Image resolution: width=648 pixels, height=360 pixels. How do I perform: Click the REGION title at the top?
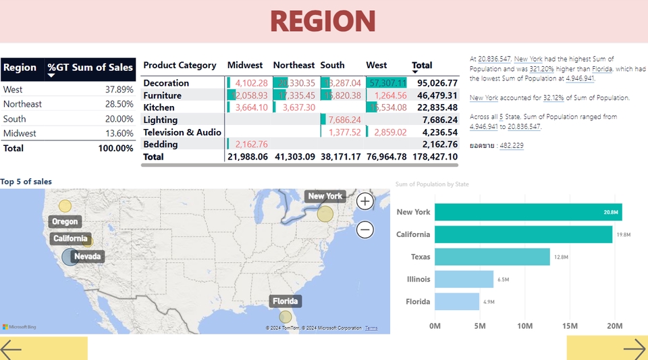(323, 22)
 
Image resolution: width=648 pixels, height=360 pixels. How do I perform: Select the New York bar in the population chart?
(528, 212)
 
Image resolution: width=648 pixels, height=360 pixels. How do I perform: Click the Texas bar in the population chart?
(492, 257)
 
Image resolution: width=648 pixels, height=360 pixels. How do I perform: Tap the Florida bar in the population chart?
(457, 301)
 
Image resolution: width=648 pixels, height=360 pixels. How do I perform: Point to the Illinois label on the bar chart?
(418, 279)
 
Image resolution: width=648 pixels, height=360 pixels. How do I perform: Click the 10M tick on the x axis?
(524, 326)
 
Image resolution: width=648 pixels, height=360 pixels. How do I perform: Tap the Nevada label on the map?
(87, 257)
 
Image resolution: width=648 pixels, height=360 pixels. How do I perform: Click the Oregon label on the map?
(65, 222)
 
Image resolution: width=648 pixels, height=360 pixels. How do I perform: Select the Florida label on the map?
(286, 301)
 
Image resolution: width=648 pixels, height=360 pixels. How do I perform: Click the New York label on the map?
(325, 197)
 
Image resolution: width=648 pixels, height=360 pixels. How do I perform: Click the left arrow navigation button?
(11, 349)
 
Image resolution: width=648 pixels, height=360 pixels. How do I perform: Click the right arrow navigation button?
(634, 349)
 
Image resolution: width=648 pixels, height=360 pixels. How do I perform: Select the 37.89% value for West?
(119, 89)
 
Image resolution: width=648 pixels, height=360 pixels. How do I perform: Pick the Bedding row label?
(161, 144)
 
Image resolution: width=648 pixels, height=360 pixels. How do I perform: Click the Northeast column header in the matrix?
(294, 66)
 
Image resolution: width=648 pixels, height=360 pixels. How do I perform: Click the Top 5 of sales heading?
(26, 182)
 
